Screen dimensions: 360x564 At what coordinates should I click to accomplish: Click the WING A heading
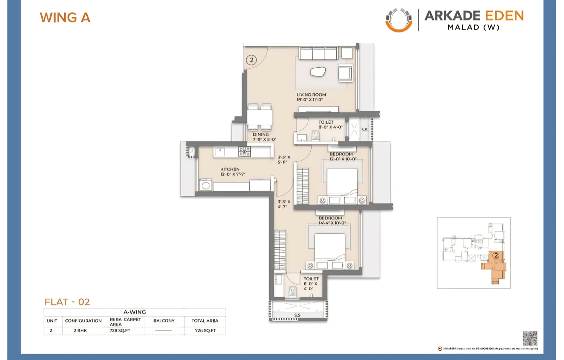click(65, 18)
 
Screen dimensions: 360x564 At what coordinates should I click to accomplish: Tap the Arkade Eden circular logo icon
click(399, 20)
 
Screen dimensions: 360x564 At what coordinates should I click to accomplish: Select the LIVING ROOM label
click(311, 95)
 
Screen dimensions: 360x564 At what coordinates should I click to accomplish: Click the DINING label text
click(261, 135)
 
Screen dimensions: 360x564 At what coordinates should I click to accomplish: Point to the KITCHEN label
click(230, 169)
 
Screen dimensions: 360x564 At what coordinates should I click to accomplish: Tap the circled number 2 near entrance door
click(251, 60)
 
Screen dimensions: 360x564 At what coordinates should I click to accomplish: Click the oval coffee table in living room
click(318, 72)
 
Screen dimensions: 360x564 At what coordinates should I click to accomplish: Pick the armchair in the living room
click(345, 73)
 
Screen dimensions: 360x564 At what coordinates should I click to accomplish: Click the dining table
click(260, 117)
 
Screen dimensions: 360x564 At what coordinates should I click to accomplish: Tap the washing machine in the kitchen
click(205, 185)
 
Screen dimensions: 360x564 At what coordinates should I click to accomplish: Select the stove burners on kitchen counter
click(245, 151)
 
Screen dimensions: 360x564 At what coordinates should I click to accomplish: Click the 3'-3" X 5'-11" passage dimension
click(283, 160)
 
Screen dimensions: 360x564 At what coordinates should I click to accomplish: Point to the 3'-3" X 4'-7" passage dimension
click(283, 204)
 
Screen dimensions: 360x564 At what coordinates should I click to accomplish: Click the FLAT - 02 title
click(67, 302)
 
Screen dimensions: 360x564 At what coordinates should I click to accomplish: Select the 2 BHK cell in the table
click(80, 330)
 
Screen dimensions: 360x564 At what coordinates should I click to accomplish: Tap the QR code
click(530, 338)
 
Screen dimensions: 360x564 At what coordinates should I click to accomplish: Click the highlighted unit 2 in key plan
click(495, 263)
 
